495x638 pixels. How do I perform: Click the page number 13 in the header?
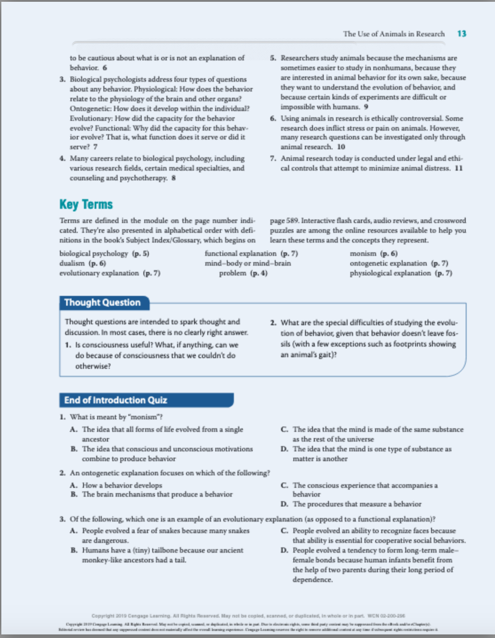(x=462, y=34)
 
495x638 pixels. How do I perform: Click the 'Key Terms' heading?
(x=86, y=204)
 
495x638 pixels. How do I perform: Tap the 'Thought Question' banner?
(x=102, y=303)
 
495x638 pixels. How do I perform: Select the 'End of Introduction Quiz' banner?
(x=115, y=400)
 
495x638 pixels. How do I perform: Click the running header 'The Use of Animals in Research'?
(x=393, y=34)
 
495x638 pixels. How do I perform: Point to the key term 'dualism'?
(x=72, y=263)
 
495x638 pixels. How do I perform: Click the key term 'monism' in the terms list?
(x=363, y=253)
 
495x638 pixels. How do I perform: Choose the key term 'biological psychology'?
(x=94, y=253)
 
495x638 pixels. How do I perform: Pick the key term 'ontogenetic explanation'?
(x=388, y=263)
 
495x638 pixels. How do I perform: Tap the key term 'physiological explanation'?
(x=390, y=273)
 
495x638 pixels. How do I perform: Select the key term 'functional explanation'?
(x=240, y=253)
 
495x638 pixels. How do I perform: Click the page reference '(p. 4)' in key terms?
(x=259, y=273)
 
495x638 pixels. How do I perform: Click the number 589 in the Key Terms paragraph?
(x=292, y=220)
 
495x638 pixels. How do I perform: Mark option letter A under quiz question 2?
(x=74, y=485)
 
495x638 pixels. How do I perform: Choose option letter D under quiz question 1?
(x=284, y=449)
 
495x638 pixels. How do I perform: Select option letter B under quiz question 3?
(x=74, y=550)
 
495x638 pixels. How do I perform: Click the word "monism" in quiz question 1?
(x=146, y=417)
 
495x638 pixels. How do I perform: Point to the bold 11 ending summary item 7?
(x=459, y=168)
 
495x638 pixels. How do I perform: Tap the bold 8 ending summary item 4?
(x=174, y=178)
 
